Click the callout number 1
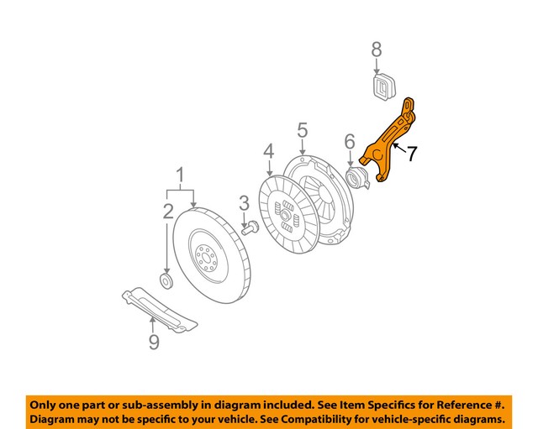tap(179, 176)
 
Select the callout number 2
tap(167, 211)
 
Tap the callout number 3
tap(245, 202)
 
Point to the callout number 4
tap(268, 151)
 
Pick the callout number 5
tap(302, 130)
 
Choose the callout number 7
tap(411, 154)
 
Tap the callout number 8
tap(377, 51)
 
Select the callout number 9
tap(153, 342)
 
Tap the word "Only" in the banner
tap(47, 402)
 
